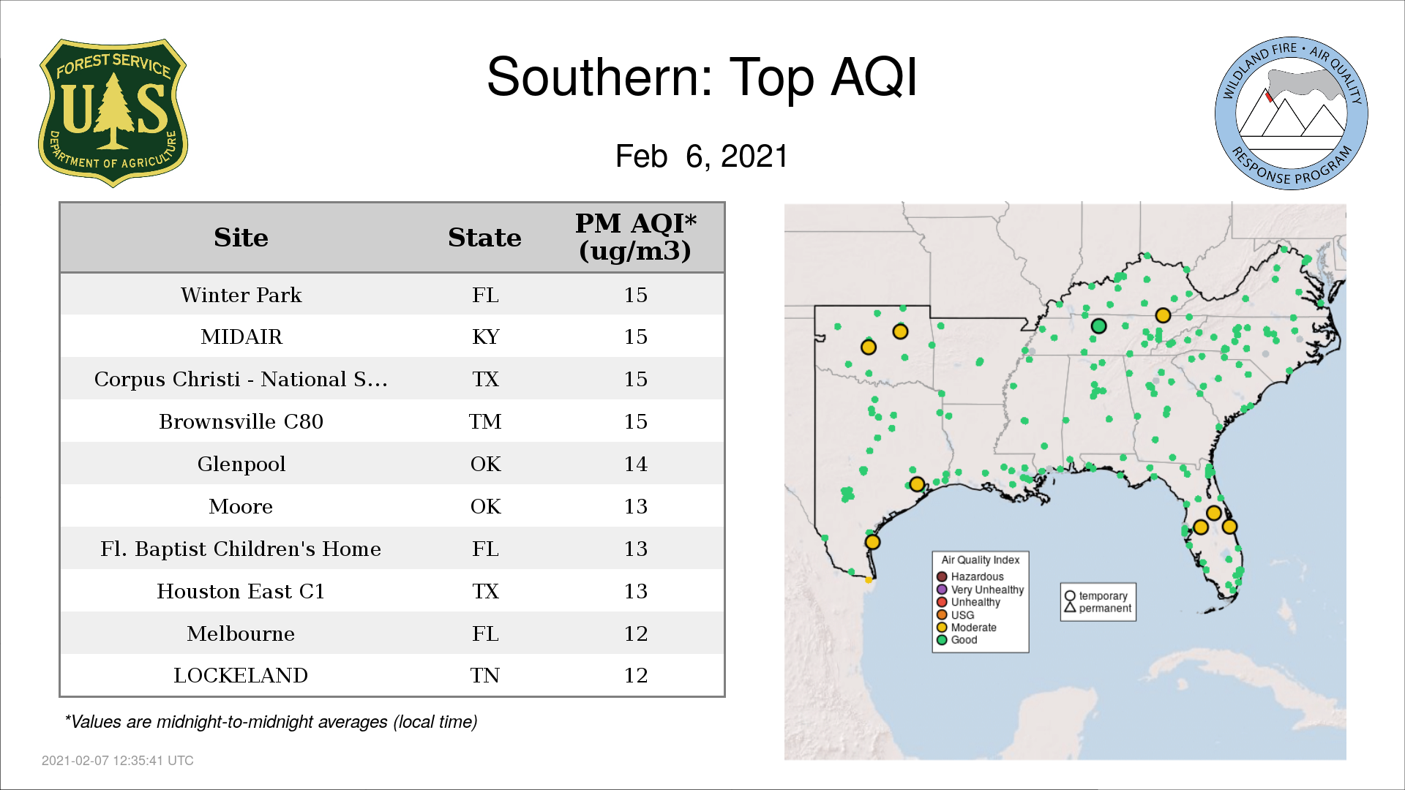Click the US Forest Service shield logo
click(113, 113)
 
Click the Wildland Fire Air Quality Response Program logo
click(1292, 113)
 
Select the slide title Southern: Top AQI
click(702, 77)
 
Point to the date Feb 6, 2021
click(702, 156)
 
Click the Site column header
click(241, 238)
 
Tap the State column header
click(484, 238)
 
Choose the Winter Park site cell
click(241, 295)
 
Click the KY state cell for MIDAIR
click(485, 336)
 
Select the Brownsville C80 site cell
click(241, 421)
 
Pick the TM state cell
click(485, 421)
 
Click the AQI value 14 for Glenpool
click(635, 464)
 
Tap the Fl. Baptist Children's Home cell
click(241, 549)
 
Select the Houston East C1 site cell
click(241, 591)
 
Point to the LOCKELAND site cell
click(241, 675)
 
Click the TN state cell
click(485, 675)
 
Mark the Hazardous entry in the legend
click(970, 576)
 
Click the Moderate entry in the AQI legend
click(967, 628)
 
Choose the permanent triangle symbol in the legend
click(1070, 607)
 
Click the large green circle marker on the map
click(1098, 326)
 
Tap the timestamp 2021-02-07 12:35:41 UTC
click(118, 761)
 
